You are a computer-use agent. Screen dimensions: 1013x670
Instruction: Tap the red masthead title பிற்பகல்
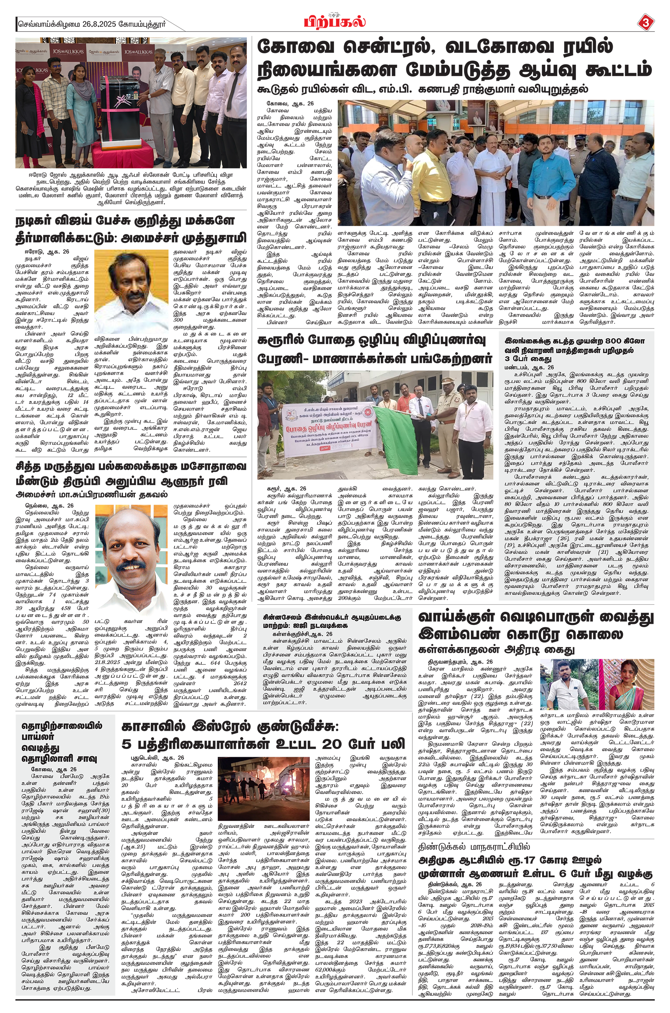point(335,22)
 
